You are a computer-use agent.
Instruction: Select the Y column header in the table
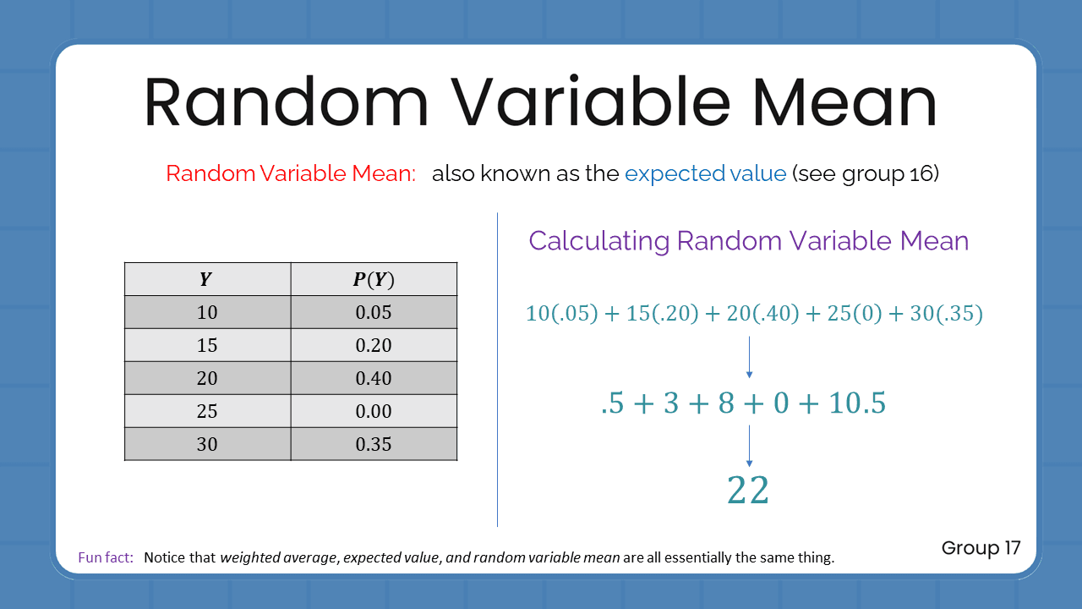click(206, 279)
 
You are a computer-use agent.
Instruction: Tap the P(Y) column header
click(374, 279)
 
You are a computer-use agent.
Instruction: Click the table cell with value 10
click(206, 312)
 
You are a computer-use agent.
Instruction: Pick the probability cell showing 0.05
click(374, 312)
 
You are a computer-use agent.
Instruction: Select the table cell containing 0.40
click(374, 378)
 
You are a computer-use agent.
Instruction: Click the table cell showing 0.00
click(374, 411)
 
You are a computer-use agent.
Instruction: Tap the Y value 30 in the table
click(206, 444)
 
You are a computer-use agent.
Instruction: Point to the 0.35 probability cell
click(374, 444)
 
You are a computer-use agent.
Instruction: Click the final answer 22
click(748, 491)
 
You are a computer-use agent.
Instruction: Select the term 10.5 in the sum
click(857, 403)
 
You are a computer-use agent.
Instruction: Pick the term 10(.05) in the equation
click(561, 314)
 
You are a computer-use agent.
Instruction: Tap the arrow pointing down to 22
click(749, 446)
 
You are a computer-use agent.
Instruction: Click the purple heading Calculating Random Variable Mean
click(748, 241)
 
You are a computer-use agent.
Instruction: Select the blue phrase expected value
click(705, 173)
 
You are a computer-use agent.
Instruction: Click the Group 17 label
click(981, 548)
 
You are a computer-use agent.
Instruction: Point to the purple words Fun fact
click(106, 557)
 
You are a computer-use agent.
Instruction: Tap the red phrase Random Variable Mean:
click(291, 173)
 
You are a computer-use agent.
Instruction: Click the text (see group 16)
click(865, 173)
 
